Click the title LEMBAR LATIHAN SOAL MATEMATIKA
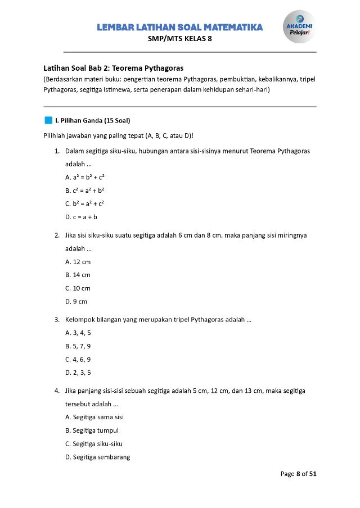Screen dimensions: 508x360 pyautogui.click(x=180, y=28)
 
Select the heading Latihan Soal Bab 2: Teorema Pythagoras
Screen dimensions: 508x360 pyautogui.click(x=114, y=67)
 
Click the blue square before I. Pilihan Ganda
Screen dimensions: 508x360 pyautogui.click(x=48, y=120)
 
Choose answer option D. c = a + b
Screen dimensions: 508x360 pyautogui.click(x=82, y=217)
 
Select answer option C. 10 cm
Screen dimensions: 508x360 pyautogui.click(x=78, y=288)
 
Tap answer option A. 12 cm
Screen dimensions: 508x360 pyautogui.click(x=78, y=262)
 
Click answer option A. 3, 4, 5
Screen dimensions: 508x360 pyautogui.click(x=78, y=333)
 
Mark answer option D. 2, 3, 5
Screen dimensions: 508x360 pyautogui.click(x=78, y=373)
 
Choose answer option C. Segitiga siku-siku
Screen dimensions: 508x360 pyautogui.click(x=94, y=443)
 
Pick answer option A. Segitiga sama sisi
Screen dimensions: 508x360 pyautogui.click(x=94, y=417)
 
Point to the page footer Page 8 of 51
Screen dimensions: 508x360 pyautogui.click(x=299, y=474)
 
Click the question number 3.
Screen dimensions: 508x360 pyautogui.click(x=57, y=320)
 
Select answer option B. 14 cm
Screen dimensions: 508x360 pyautogui.click(x=78, y=275)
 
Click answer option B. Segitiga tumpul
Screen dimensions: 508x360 pyautogui.click(x=92, y=430)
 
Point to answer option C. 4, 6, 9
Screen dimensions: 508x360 pyautogui.click(x=78, y=359)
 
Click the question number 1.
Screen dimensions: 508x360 pyautogui.click(x=57, y=151)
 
